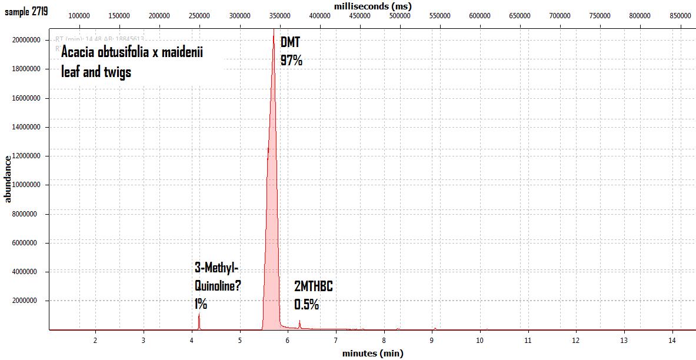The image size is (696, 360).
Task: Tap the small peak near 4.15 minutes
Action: point(199,321)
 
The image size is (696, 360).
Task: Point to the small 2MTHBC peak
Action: point(299,324)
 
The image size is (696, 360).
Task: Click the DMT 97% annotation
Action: point(291,51)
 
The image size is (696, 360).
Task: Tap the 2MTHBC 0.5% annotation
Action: point(313,295)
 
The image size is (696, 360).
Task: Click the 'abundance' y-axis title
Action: point(8,178)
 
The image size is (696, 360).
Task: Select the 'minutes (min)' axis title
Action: point(372,354)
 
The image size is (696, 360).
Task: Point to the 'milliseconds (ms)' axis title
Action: point(372,5)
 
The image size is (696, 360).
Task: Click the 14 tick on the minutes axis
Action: point(671,341)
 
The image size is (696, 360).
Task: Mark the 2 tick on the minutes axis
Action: point(95,341)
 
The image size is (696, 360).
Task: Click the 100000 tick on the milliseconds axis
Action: point(79,16)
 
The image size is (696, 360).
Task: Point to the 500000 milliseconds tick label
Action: point(399,16)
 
